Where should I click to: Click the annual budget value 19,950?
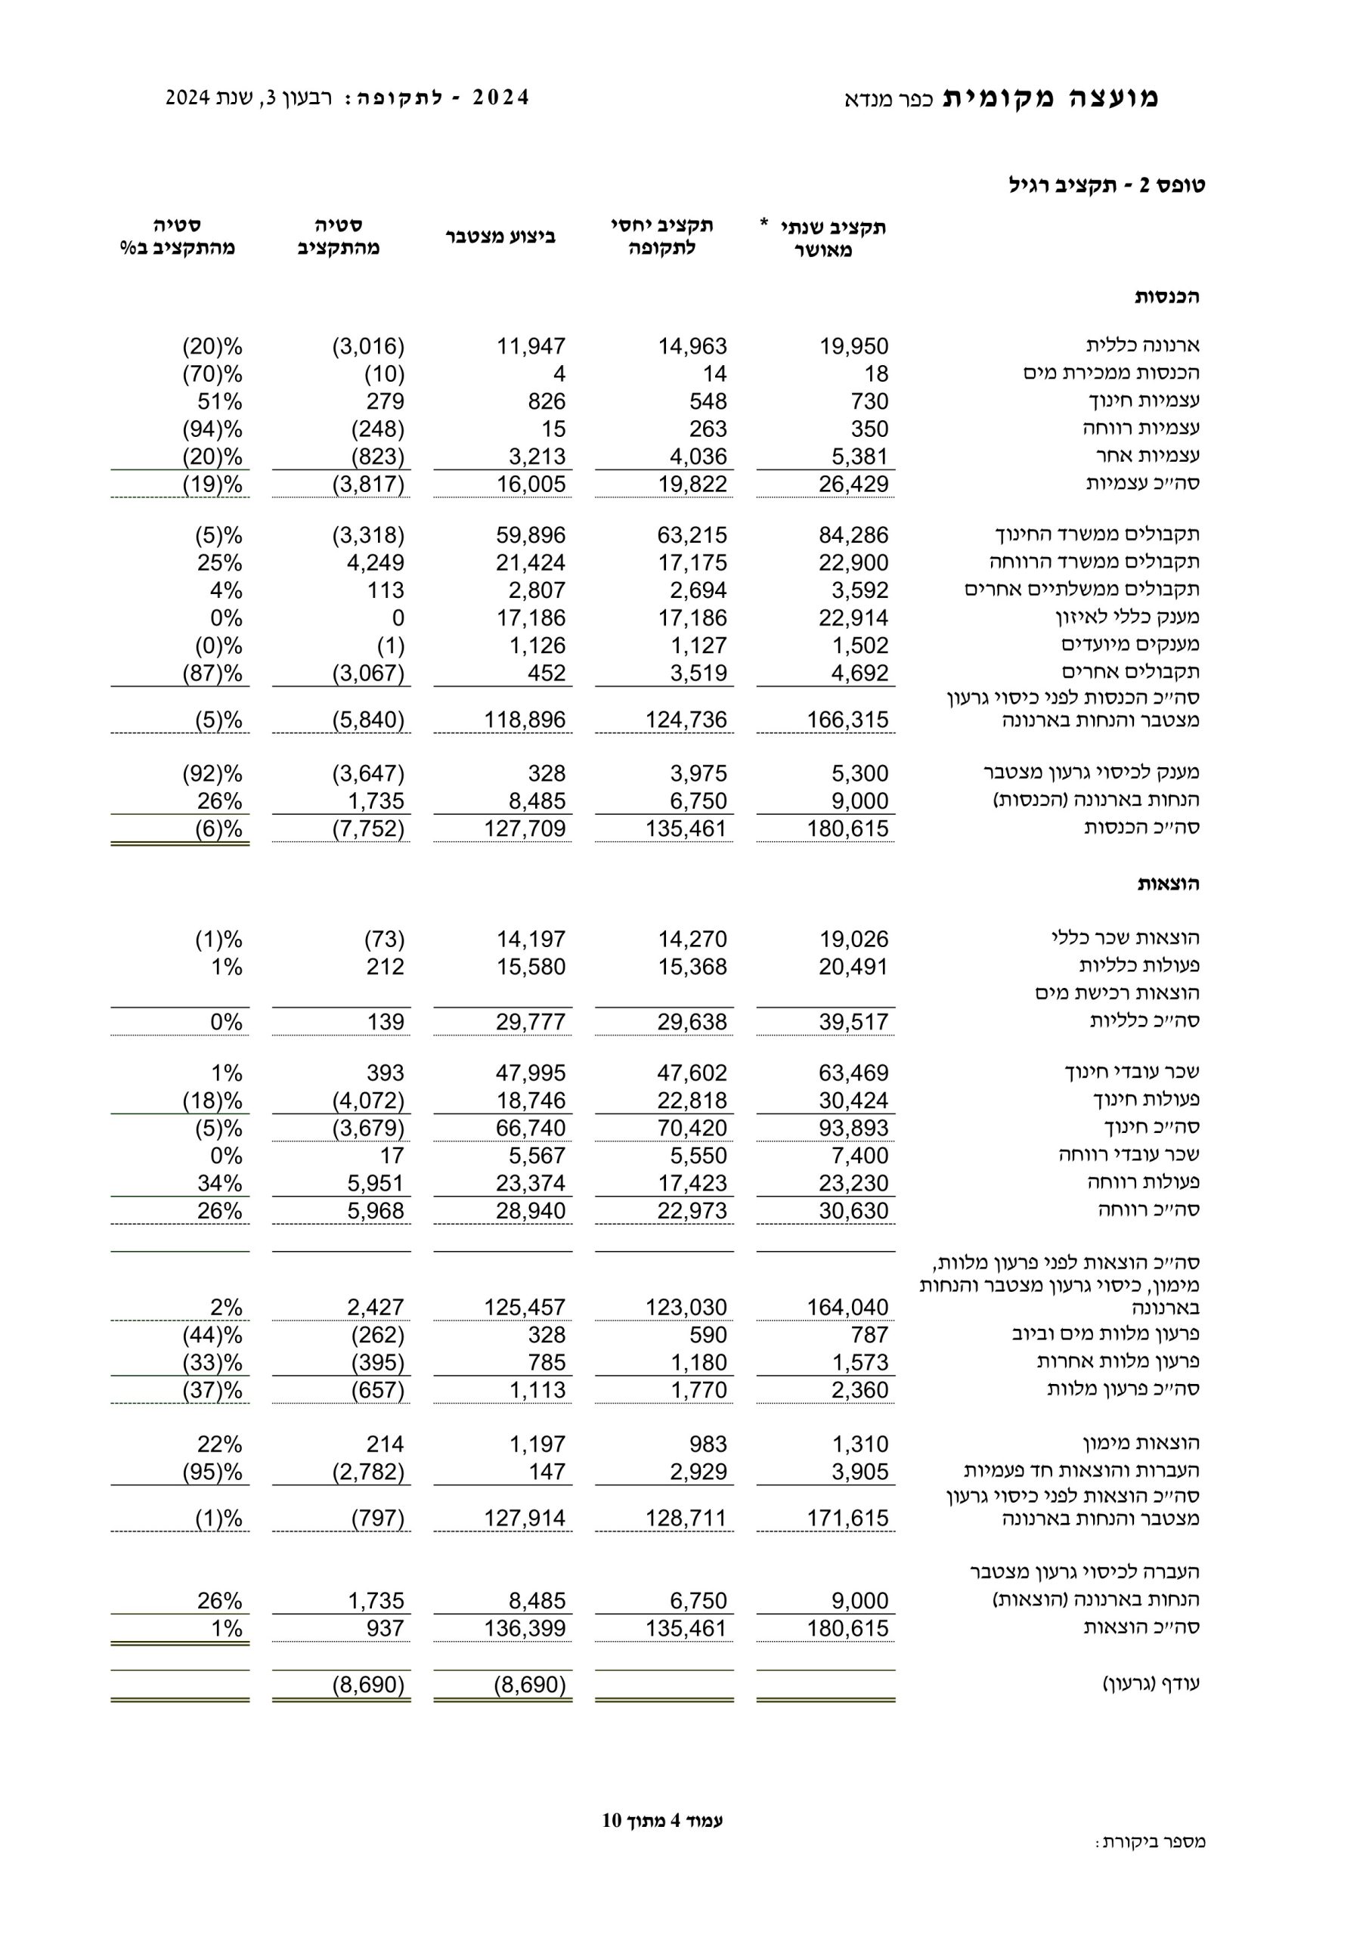tap(853, 346)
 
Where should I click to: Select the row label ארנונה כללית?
tap(1142, 345)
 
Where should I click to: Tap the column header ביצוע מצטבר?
tap(500, 237)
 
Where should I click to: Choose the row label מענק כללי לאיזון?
tap(1127, 617)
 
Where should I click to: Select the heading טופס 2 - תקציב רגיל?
tap(1106, 185)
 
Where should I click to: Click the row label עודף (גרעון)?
tap(1151, 1684)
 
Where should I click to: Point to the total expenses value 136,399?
tap(525, 1628)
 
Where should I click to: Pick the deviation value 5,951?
tap(375, 1183)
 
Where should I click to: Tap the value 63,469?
tap(853, 1073)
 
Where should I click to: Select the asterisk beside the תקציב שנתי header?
tap(763, 223)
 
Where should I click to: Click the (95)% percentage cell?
tap(212, 1472)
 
